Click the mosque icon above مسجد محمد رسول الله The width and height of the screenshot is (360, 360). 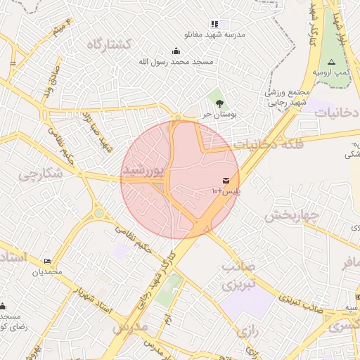tap(176, 50)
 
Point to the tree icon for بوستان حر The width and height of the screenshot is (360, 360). tap(219, 103)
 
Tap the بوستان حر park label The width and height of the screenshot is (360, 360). tap(217, 113)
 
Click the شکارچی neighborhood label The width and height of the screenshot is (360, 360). tap(37, 174)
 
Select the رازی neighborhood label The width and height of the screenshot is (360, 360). tap(249, 330)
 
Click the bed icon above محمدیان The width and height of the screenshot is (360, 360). tap(48, 261)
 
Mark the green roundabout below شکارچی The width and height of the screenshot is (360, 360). tap(99, 213)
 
